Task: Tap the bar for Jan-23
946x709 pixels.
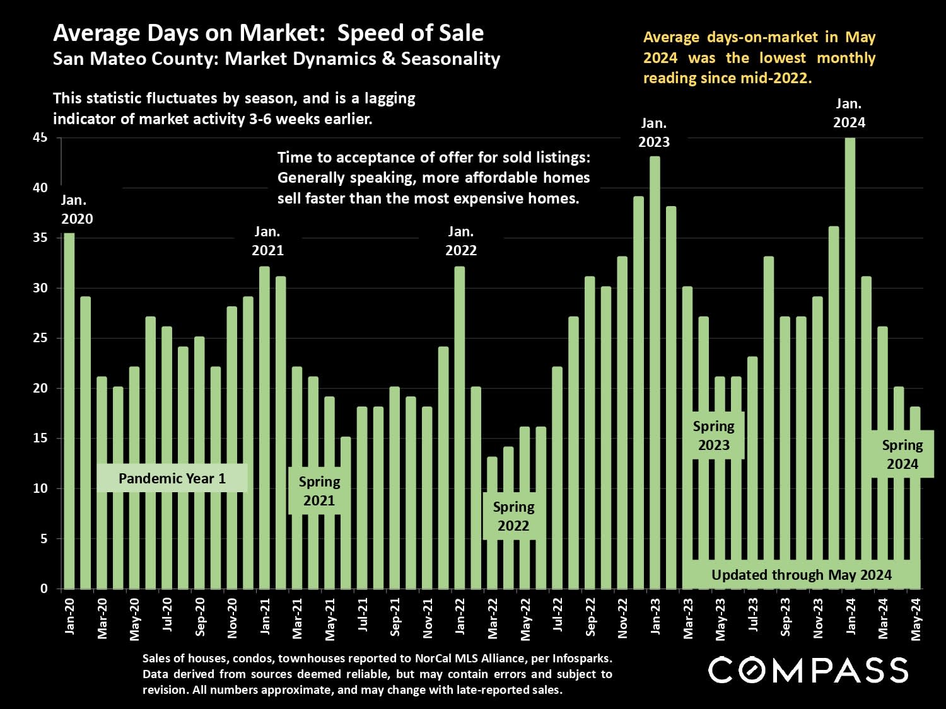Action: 655,372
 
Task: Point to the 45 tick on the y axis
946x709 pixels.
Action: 40,137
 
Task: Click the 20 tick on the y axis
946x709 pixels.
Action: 40,388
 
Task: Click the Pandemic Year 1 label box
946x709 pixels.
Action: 172,478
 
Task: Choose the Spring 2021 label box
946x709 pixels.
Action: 319,491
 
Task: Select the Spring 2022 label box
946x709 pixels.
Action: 513,516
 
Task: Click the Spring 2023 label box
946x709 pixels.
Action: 713,435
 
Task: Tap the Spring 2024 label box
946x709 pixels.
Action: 902,454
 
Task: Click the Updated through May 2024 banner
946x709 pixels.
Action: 801,575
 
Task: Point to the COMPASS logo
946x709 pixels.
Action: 808,670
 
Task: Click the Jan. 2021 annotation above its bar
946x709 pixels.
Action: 267,241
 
